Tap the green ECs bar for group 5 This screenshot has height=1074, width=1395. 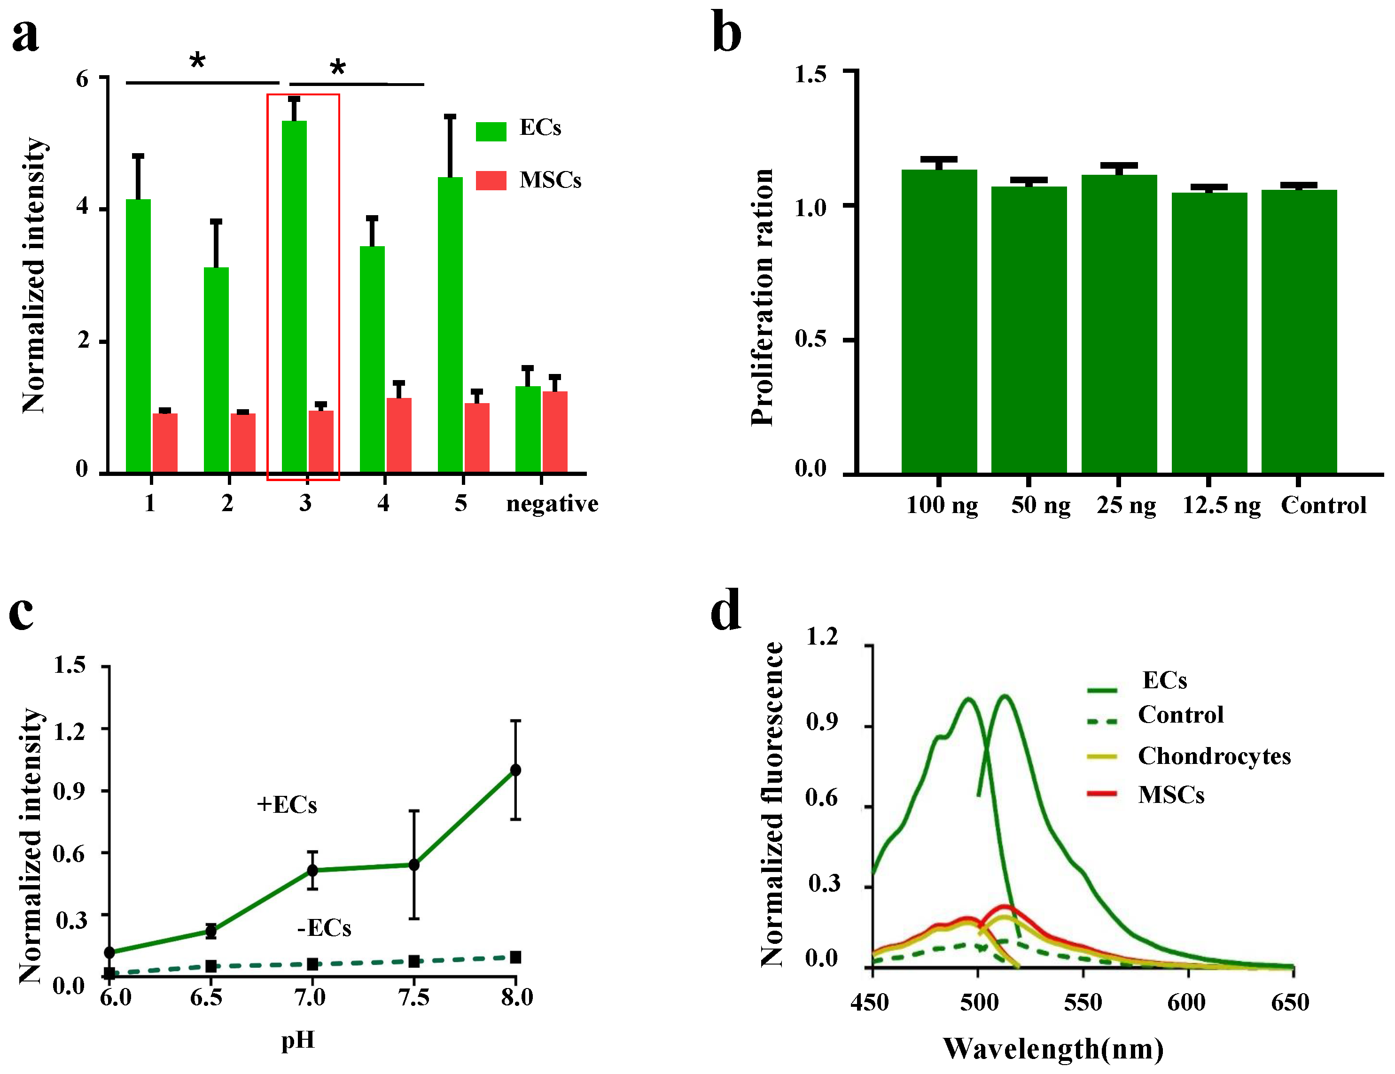click(x=450, y=326)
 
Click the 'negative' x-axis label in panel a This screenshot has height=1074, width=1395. click(x=552, y=504)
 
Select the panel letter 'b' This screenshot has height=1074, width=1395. click(x=726, y=33)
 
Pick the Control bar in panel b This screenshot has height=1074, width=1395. click(x=1299, y=332)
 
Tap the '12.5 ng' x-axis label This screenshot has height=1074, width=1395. click(x=1221, y=505)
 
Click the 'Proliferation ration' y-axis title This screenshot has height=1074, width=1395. click(x=763, y=297)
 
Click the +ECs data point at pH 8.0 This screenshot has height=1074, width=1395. click(x=515, y=770)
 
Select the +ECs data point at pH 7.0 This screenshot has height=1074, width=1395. click(x=312, y=870)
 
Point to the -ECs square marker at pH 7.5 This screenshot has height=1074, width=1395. click(x=414, y=961)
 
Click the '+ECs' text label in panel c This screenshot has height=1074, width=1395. click(x=287, y=804)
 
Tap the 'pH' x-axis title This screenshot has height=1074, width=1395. click(x=297, y=1041)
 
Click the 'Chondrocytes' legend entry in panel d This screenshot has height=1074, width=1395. click(x=1214, y=756)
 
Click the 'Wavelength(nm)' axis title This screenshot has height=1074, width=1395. click(x=1052, y=1049)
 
